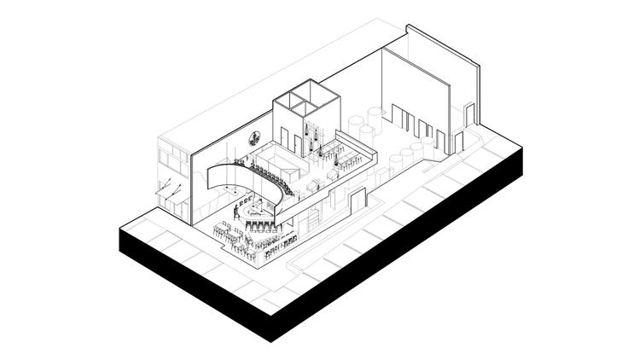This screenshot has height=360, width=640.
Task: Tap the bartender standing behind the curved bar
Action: click(236, 211)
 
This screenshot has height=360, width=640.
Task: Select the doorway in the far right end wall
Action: click(468, 115)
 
